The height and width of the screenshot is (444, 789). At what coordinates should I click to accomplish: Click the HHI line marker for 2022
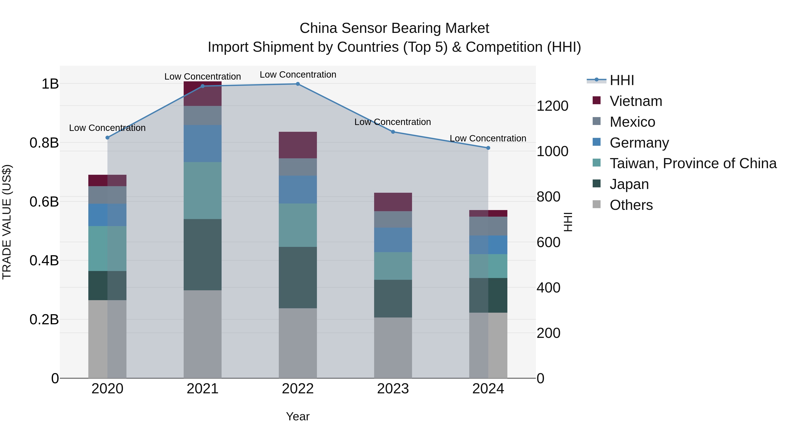(298, 84)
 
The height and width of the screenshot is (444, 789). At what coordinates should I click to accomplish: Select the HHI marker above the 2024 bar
(488, 148)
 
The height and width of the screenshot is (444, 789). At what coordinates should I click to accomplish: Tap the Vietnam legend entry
(636, 101)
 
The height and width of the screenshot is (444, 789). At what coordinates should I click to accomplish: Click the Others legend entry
(631, 205)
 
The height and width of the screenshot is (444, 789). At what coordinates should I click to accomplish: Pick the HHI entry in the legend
(622, 80)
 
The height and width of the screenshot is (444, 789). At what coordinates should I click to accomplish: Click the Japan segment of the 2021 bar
(203, 254)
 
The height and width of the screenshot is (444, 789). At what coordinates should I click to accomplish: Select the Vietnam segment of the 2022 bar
(298, 145)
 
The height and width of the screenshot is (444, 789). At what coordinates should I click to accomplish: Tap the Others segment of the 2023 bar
(393, 348)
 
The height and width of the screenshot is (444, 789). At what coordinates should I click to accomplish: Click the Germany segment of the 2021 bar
(203, 143)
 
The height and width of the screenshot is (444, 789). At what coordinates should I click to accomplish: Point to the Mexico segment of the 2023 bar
(393, 219)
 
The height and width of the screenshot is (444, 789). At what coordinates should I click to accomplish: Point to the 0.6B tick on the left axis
(44, 202)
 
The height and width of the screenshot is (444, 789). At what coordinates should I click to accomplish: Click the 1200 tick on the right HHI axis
(552, 106)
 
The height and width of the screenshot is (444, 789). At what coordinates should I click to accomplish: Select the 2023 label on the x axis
(393, 389)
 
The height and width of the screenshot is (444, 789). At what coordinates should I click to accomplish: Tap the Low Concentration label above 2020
(107, 128)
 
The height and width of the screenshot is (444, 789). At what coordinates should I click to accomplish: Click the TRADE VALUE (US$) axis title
(7, 222)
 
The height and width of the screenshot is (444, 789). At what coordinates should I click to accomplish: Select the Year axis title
(298, 416)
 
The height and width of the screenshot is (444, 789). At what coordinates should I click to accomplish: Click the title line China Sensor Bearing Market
(394, 28)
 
